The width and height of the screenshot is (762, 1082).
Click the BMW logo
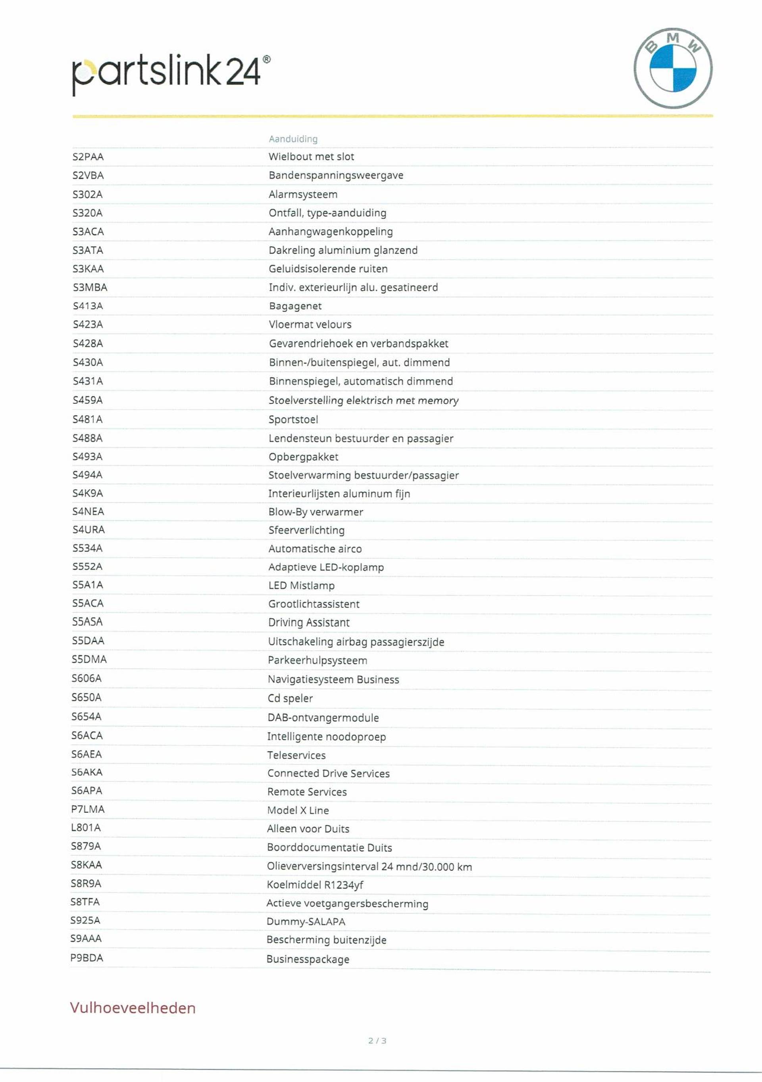click(x=673, y=68)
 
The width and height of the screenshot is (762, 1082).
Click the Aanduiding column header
click(x=293, y=139)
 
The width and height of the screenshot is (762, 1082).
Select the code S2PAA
click(x=88, y=157)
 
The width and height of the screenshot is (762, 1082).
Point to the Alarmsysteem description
click(x=303, y=194)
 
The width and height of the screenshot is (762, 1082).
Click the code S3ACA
click(x=88, y=231)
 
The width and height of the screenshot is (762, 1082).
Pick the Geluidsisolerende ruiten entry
click(x=328, y=269)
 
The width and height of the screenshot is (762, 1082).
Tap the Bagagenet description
click(x=295, y=306)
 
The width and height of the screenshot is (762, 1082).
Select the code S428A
click(x=88, y=343)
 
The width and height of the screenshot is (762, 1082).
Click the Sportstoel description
click(x=293, y=419)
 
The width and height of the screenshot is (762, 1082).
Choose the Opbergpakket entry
click(x=303, y=457)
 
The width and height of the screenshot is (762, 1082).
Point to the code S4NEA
click(x=88, y=511)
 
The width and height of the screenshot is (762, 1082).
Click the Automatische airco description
click(x=315, y=548)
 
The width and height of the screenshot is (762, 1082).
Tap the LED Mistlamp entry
click(x=301, y=585)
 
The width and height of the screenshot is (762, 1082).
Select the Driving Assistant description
click(x=309, y=623)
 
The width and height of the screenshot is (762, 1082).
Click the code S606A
click(x=87, y=678)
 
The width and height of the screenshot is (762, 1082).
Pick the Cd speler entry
click(x=290, y=698)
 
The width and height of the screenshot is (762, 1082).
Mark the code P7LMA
click(x=88, y=809)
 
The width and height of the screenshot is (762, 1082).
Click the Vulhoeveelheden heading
click(x=133, y=1008)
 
